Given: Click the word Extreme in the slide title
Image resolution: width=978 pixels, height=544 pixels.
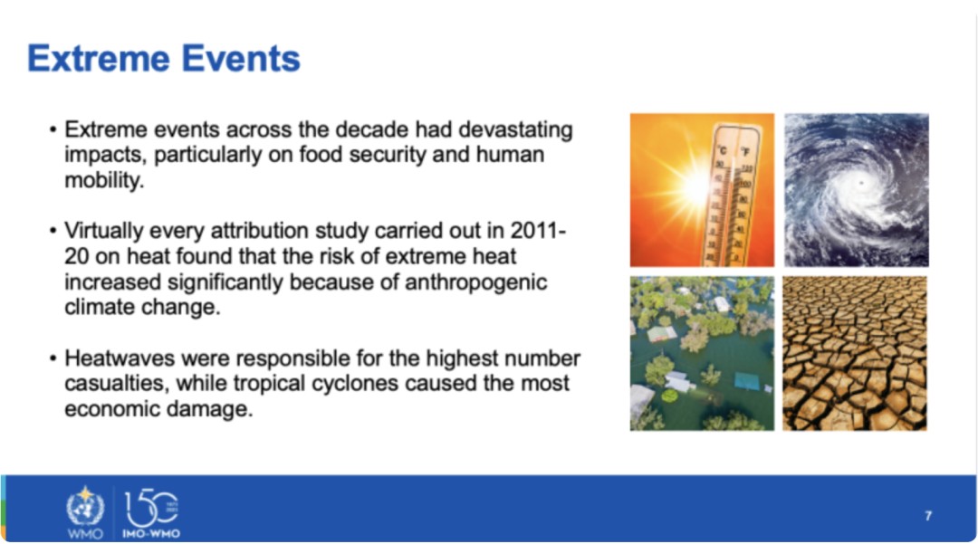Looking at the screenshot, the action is click(x=99, y=59).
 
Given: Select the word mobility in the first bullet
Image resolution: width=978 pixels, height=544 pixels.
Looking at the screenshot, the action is click(x=103, y=180).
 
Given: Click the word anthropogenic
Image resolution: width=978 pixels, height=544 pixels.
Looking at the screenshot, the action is click(x=476, y=282).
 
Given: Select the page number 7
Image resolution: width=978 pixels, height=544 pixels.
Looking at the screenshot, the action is click(x=928, y=516).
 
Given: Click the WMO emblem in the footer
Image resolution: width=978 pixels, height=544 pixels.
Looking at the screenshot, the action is click(x=85, y=508).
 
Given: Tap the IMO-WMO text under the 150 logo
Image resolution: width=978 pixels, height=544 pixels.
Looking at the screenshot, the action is click(x=151, y=534).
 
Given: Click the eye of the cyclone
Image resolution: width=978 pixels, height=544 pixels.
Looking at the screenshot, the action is click(x=861, y=183).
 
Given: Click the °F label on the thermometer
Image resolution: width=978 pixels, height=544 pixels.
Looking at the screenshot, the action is click(x=744, y=151).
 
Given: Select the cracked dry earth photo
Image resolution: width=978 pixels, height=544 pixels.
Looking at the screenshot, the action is click(x=855, y=353).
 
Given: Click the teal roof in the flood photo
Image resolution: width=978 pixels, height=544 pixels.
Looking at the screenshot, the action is click(x=747, y=381).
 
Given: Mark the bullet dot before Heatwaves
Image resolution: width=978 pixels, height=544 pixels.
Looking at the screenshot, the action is click(x=53, y=359).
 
